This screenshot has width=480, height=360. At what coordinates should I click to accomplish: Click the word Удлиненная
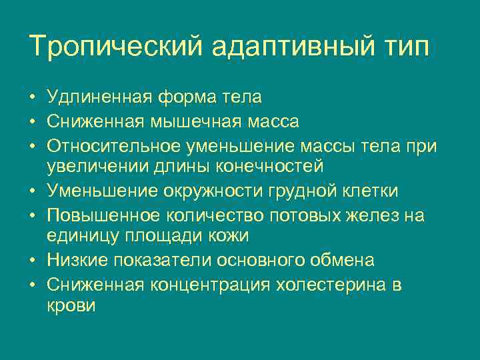[x=99, y=97]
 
